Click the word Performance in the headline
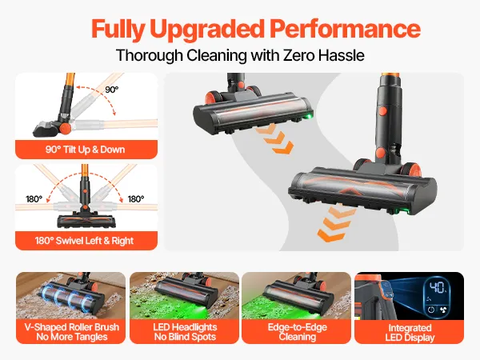tap(345, 29)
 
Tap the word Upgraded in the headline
tap(207, 30)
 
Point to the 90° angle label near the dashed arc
tap(111, 90)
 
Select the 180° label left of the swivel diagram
tap(34, 199)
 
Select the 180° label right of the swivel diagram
tap(136, 199)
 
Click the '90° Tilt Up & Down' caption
tap(85, 150)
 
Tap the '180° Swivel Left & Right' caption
tap(84, 241)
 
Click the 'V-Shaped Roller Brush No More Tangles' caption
tap(72, 332)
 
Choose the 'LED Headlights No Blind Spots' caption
tap(185, 332)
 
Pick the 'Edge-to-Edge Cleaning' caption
tap(298, 332)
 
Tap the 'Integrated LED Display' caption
tap(410, 333)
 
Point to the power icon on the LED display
tap(430, 310)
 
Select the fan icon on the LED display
tap(443, 310)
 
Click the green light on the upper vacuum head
tap(309, 116)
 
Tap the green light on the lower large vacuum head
tap(397, 211)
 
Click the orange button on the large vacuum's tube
tap(382, 111)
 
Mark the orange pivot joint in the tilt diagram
tap(65, 129)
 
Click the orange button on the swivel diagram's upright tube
tap(85, 191)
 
